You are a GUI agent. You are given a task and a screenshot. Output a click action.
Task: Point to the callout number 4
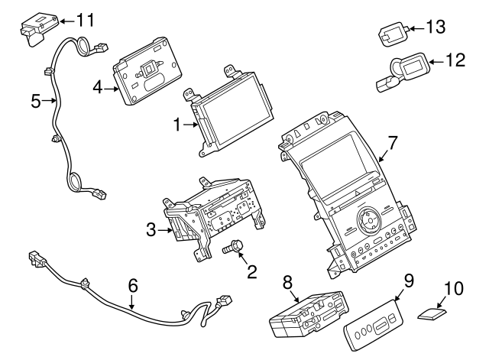tap(98, 88)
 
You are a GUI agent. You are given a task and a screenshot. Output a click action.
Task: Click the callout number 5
tap(35, 100)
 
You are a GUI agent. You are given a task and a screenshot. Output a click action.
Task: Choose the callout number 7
tap(392, 142)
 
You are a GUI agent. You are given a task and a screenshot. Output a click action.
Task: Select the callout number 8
tap(288, 283)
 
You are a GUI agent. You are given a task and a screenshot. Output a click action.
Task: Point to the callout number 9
tap(408, 280)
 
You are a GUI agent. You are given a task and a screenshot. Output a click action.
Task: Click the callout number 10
tap(454, 288)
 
